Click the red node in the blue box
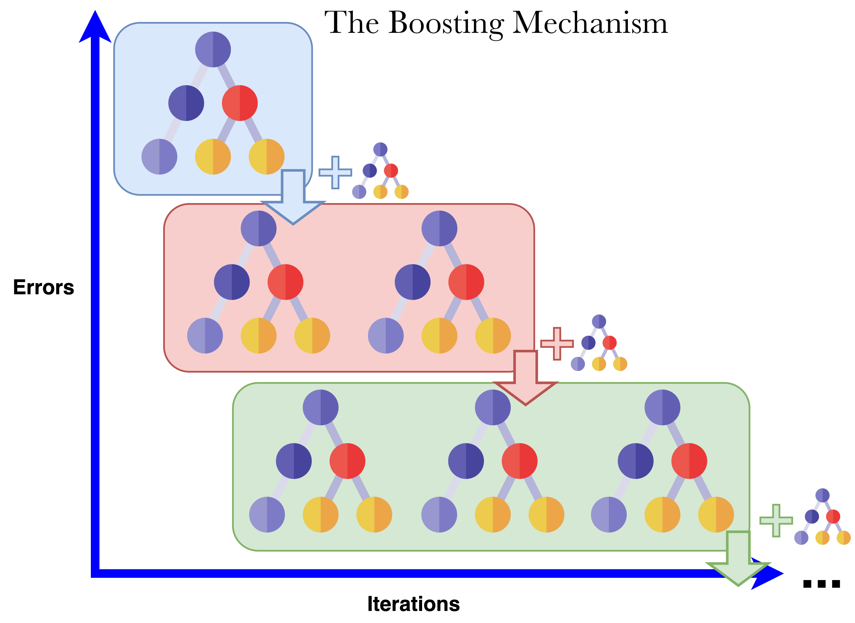pyautogui.click(x=240, y=103)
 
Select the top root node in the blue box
pyautogui.click(x=213, y=49)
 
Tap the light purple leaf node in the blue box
pyautogui.click(x=159, y=157)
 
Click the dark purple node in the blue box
pyautogui.click(x=186, y=103)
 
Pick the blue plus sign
pyautogui.click(x=335, y=172)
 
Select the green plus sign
pyautogui.click(x=776, y=520)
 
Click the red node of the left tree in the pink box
pyautogui.click(x=285, y=282)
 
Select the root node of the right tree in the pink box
pyautogui.click(x=439, y=228)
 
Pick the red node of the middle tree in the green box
pyautogui.click(x=520, y=461)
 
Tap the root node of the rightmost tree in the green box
pyautogui.click(x=662, y=407)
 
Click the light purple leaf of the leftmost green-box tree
pyautogui.click(x=267, y=514)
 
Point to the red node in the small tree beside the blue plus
pyautogui.click(x=391, y=170)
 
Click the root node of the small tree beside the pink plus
pyautogui.click(x=599, y=321)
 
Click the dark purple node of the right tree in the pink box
pyautogui.click(x=412, y=282)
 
